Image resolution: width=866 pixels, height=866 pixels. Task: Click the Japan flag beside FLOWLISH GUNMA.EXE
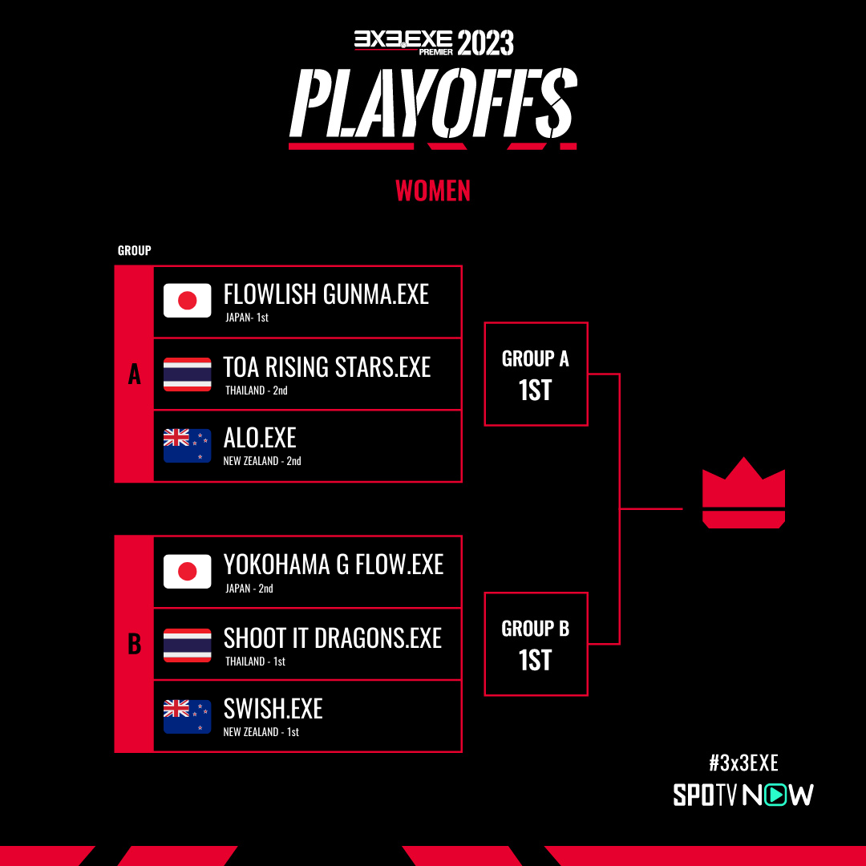pos(187,301)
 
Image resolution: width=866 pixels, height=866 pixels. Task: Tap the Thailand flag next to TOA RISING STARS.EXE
pos(187,374)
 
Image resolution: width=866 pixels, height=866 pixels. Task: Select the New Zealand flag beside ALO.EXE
pos(187,445)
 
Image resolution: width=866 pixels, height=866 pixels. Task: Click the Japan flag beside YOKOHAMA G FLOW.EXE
pos(187,571)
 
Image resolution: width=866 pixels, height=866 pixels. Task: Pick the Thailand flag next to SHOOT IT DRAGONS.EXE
pos(187,645)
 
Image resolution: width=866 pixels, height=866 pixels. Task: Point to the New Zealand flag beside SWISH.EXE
pos(187,716)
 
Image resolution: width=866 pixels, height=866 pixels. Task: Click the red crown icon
pos(743,493)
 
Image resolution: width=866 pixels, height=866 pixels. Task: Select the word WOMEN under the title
pos(433,191)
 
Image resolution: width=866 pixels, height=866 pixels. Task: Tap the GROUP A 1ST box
pos(536,374)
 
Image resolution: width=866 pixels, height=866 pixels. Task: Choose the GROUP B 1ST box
pos(536,644)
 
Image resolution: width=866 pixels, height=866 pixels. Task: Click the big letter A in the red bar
pos(134,374)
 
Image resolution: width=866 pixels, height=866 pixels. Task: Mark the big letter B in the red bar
pos(134,644)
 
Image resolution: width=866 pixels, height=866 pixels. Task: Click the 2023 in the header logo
pos(485,42)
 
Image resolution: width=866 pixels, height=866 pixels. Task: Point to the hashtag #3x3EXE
pos(743,763)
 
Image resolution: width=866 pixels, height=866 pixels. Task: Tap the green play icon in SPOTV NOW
pos(777,795)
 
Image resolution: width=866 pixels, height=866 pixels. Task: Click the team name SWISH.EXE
pos(273,709)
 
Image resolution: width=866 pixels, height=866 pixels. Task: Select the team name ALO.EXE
pos(260,438)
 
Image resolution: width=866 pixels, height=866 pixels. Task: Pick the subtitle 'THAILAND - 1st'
pos(255,661)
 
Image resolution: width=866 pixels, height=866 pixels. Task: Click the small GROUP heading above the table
pos(134,250)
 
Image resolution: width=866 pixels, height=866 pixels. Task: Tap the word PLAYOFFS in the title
pos(434,103)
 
